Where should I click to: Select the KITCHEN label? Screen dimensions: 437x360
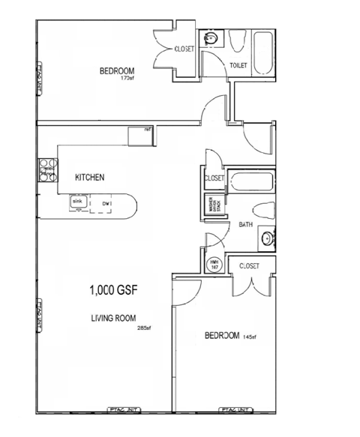pos(89,178)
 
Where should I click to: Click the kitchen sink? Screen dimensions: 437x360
pos(76,201)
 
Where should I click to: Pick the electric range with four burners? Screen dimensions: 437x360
pos(46,171)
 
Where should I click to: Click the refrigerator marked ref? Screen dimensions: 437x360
pos(140,136)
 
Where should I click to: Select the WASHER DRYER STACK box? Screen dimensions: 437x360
pos(212,205)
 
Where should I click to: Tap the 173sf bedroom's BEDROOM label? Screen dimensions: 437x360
pos(115,71)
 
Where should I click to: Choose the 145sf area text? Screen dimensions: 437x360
pos(249,335)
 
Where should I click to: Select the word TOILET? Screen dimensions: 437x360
pos(239,66)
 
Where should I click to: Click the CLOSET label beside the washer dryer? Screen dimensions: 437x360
pos(214,178)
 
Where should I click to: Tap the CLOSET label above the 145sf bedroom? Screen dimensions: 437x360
pos(249,266)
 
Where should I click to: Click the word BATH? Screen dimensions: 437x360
pos(245,225)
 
